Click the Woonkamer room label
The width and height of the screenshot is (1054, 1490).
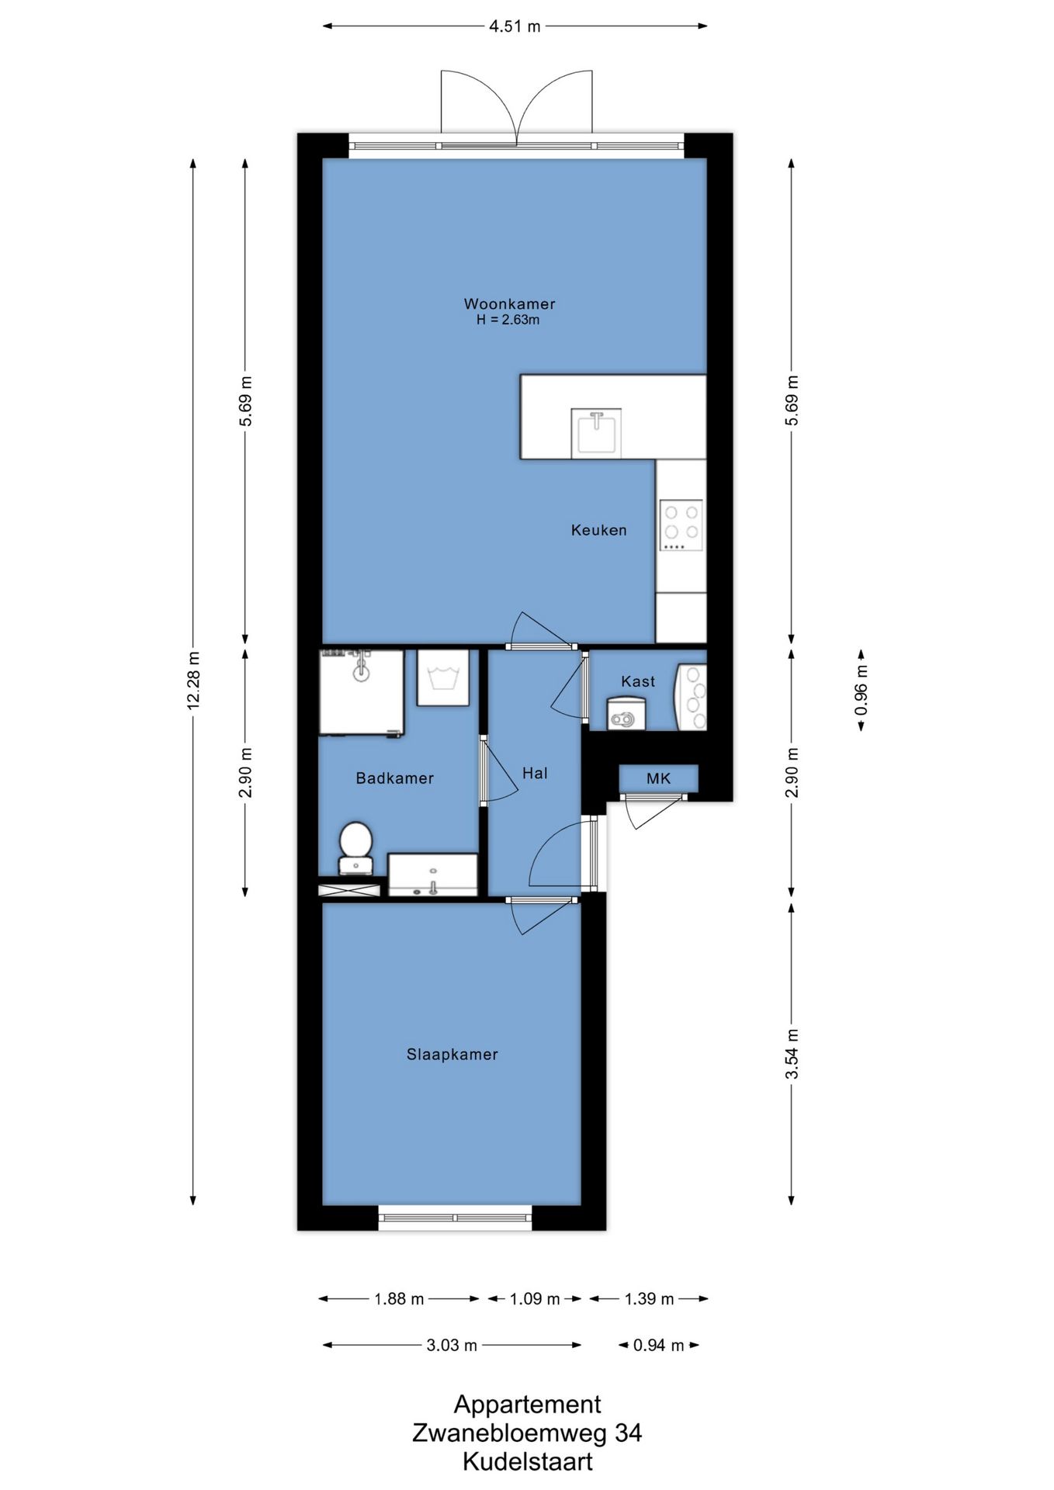click(x=509, y=303)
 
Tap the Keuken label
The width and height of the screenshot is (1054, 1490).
click(x=598, y=530)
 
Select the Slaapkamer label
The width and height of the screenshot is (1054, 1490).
click(x=452, y=1054)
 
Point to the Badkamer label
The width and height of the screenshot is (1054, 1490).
click(x=394, y=778)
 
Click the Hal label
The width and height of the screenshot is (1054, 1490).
click(x=535, y=773)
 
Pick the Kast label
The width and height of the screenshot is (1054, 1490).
click(x=638, y=681)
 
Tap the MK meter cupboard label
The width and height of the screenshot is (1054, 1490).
click(x=658, y=778)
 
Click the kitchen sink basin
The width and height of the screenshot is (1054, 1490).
click(x=596, y=433)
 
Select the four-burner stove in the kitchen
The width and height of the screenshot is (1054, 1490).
click(x=681, y=525)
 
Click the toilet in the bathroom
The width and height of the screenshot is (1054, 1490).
click(x=356, y=848)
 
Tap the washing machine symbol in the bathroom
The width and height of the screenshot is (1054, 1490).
click(x=443, y=677)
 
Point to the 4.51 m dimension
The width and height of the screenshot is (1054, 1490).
click(x=515, y=26)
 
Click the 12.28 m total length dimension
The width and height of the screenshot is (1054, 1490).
click(x=193, y=680)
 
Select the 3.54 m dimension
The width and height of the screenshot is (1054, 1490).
click(x=792, y=1053)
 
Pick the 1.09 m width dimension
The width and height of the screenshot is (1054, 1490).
click(x=535, y=1298)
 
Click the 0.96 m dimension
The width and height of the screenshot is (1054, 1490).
click(x=861, y=690)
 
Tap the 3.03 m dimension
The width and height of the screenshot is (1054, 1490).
click(x=452, y=1345)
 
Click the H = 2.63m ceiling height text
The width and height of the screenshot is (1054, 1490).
click(x=508, y=320)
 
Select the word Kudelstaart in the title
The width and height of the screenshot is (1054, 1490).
click(x=528, y=1461)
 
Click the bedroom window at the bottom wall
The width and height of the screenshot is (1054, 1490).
click(x=455, y=1218)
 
